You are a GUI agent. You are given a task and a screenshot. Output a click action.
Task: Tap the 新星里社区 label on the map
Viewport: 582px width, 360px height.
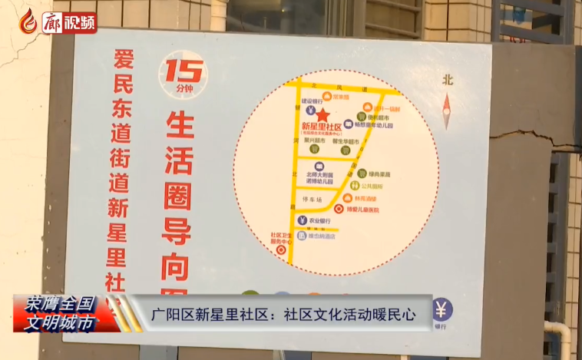320,127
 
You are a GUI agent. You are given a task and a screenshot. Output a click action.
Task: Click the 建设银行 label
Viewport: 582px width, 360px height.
312,101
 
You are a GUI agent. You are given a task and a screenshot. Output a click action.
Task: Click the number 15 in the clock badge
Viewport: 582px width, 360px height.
183,71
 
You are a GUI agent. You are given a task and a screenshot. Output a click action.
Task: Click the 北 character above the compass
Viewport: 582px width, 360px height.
448,80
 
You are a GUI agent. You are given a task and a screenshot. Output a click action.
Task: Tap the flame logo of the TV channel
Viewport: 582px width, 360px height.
28,20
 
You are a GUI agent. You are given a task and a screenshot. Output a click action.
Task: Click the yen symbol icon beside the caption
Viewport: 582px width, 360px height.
441,309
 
